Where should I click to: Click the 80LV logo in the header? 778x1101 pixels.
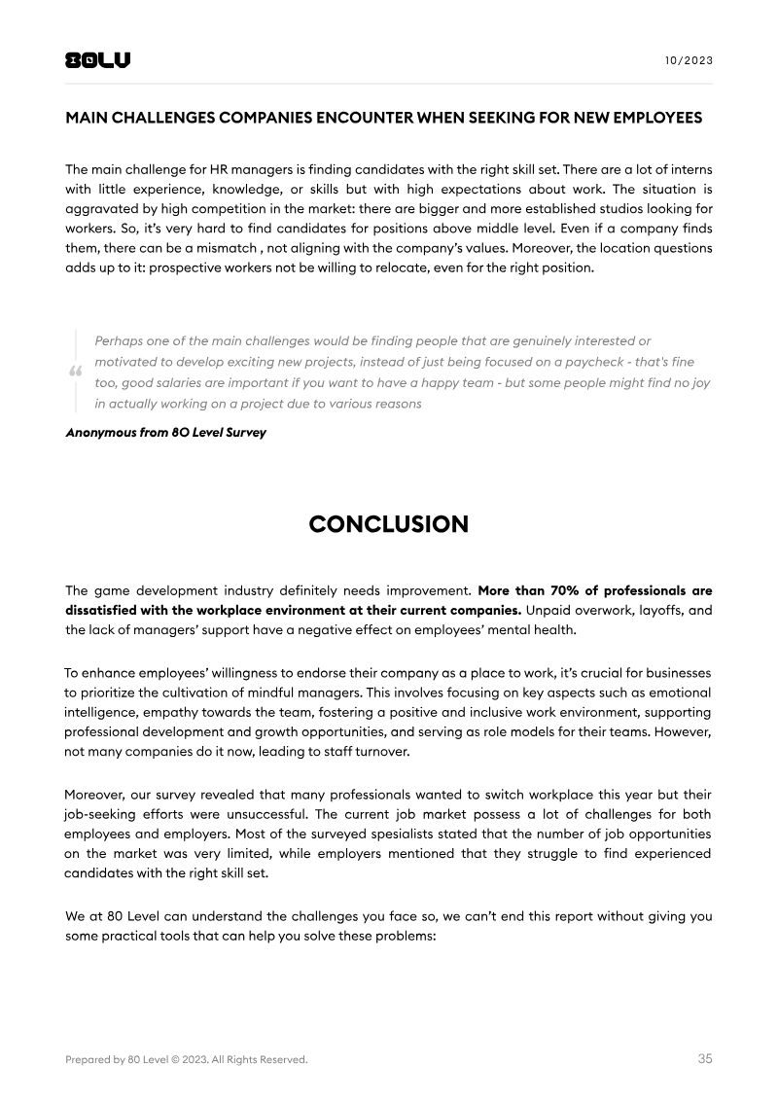point(97,60)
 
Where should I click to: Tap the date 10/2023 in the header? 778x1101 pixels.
point(689,60)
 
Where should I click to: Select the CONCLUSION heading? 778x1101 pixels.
point(388,524)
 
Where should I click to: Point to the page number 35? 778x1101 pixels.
point(704,1058)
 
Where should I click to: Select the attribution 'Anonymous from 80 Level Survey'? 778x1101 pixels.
point(164,433)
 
